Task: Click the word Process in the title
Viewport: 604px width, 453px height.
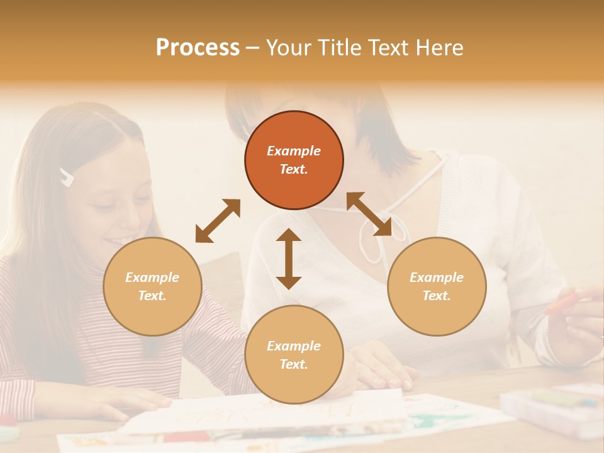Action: [198, 48]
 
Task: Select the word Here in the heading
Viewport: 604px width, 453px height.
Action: [438, 48]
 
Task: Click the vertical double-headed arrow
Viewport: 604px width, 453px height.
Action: [289, 259]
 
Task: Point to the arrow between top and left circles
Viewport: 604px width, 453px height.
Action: [218, 221]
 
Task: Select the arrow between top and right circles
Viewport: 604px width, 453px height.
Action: [369, 214]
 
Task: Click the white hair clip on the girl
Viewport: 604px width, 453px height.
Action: [66, 177]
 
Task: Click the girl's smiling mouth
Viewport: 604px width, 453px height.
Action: [120, 240]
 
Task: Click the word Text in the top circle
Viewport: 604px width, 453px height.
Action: [293, 169]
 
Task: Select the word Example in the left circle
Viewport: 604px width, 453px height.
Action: [152, 277]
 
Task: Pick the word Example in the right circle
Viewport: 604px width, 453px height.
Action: [437, 277]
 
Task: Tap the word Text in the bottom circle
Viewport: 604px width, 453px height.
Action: [293, 364]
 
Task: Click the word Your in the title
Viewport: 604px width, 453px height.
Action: [286, 48]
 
